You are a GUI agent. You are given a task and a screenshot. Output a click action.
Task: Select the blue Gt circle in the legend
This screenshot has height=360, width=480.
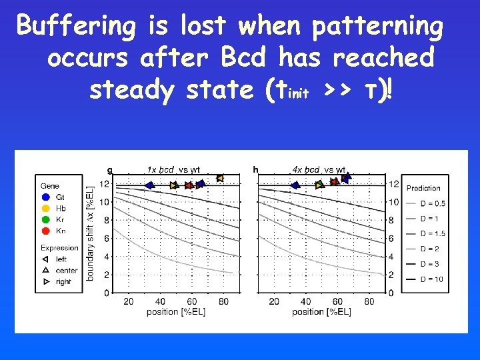(45, 197)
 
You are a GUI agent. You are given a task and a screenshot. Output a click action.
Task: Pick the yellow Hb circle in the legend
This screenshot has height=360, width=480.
(45, 209)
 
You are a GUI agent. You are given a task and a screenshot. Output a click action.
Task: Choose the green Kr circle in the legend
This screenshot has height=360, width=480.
(45, 220)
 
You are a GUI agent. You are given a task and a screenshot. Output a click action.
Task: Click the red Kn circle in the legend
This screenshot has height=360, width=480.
(45, 231)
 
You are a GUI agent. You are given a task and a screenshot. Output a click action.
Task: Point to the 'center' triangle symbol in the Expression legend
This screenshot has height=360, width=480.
(45, 271)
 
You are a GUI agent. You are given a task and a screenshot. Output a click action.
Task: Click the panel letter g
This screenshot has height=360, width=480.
(110, 169)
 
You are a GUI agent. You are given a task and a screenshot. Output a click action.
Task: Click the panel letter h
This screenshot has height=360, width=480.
(255, 169)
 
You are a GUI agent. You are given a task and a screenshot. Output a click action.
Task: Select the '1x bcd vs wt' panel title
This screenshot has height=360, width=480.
(173, 169)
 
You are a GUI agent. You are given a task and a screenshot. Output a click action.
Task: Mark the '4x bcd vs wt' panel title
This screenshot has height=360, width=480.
(319, 169)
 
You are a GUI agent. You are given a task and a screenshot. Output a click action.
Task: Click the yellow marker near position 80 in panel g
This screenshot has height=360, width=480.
(219, 178)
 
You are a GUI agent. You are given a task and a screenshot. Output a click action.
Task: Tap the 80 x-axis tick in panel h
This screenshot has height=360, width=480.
(369, 302)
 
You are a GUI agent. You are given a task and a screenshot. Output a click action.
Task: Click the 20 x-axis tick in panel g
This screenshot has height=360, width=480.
(128, 302)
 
